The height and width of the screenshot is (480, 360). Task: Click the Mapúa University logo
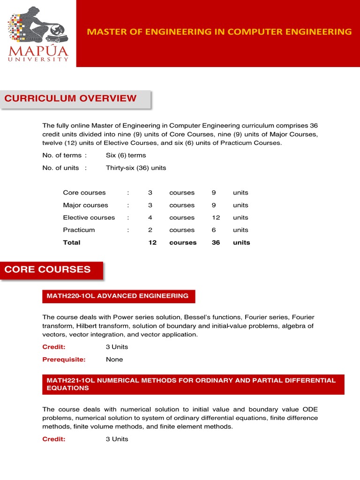(x=38, y=34)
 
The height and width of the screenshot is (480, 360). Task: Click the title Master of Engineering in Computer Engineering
(x=219, y=31)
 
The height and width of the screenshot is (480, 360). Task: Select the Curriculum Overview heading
(x=70, y=98)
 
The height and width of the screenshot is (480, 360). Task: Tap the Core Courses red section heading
(x=47, y=270)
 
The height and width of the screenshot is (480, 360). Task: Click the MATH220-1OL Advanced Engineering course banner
(x=118, y=296)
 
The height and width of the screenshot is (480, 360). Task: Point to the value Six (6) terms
(x=126, y=155)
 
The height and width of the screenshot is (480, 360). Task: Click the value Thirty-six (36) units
(x=136, y=168)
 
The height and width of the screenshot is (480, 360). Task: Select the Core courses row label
(x=84, y=193)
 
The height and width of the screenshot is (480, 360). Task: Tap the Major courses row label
(x=85, y=205)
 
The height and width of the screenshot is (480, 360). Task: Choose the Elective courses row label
(x=89, y=217)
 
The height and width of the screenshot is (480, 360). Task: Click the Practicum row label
(x=79, y=230)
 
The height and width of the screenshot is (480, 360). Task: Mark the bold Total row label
(x=72, y=242)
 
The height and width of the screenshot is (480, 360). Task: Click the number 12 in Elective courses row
(x=216, y=217)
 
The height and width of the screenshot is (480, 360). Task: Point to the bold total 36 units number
(x=216, y=242)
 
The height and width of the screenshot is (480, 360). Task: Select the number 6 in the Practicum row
(x=214, y=230)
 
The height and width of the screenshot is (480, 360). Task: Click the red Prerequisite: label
(x=64, y=360)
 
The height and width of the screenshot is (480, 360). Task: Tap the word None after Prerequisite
(x=114, y=360)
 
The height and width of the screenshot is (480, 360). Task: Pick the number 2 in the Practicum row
(x=150, y=230)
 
